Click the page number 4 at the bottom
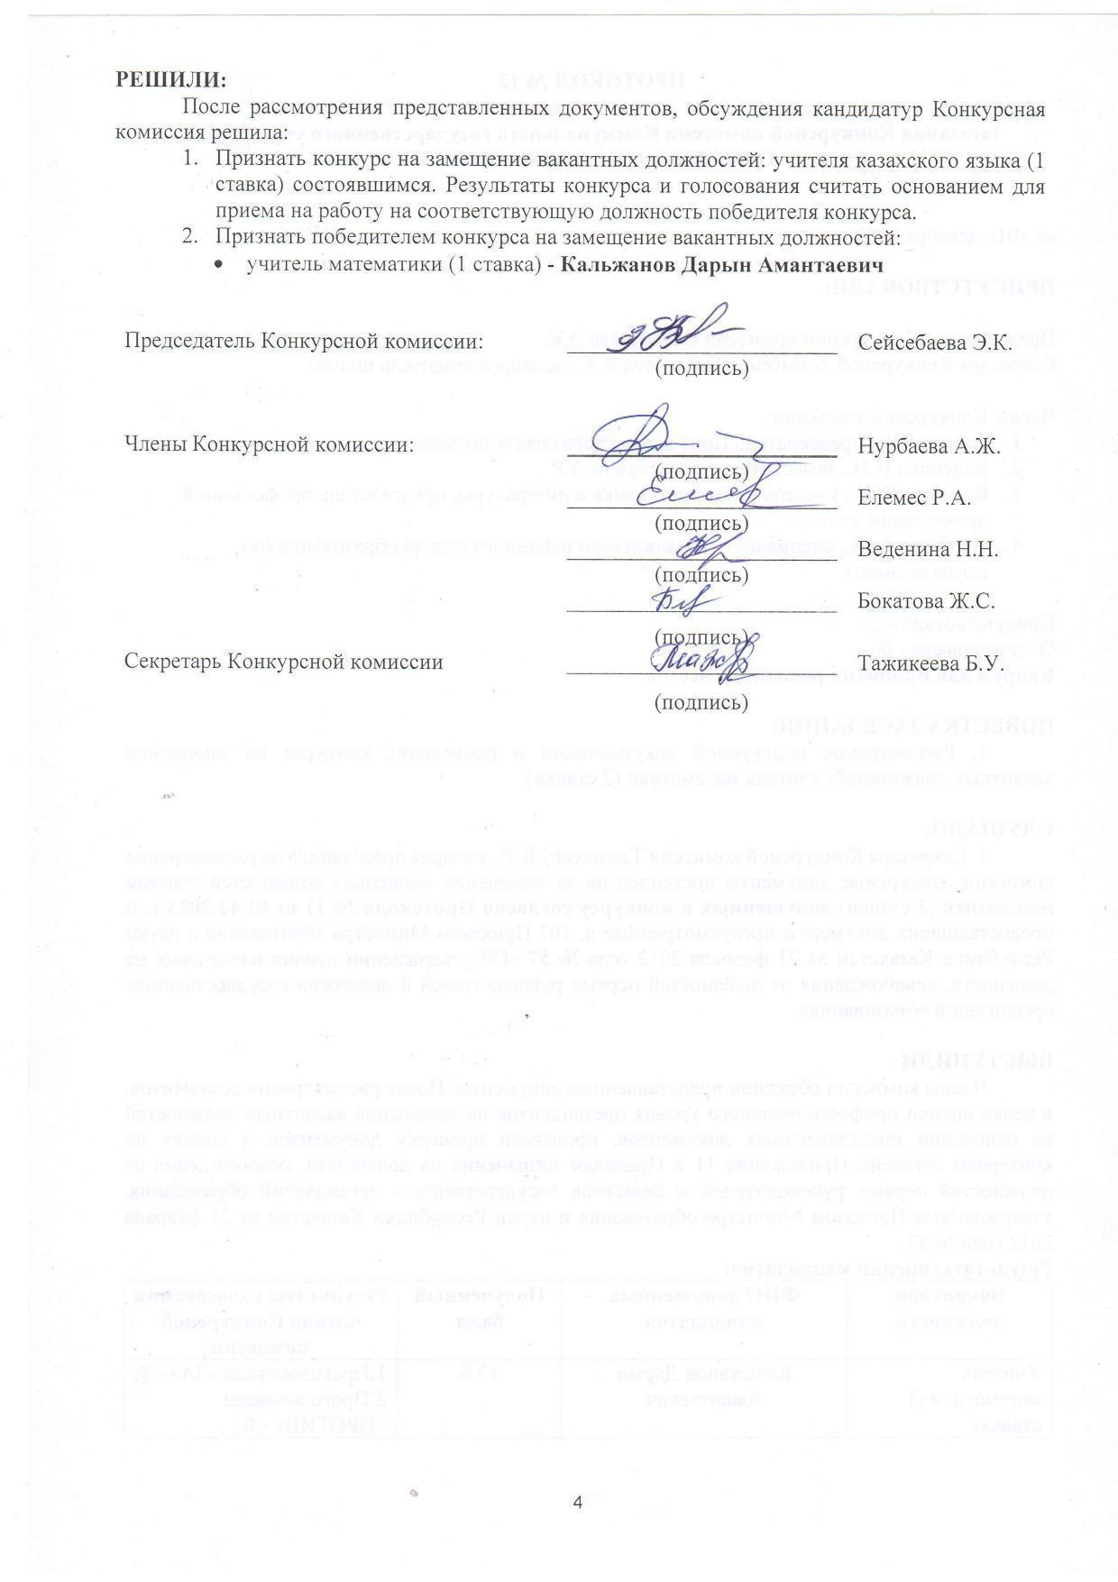click(x=577, y=1504)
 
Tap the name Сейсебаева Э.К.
click(x=935, y=343)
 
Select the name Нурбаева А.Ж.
click(x=929, y=446)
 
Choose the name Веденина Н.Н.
click(x=927, y=549)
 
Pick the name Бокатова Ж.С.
click(x=926, y=600)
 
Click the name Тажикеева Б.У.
click(x=931, y=663)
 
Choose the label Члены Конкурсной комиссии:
click(x=269, y=444)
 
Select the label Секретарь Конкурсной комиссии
click(x=283, y=663)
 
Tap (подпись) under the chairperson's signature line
click(x=701, y=368)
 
